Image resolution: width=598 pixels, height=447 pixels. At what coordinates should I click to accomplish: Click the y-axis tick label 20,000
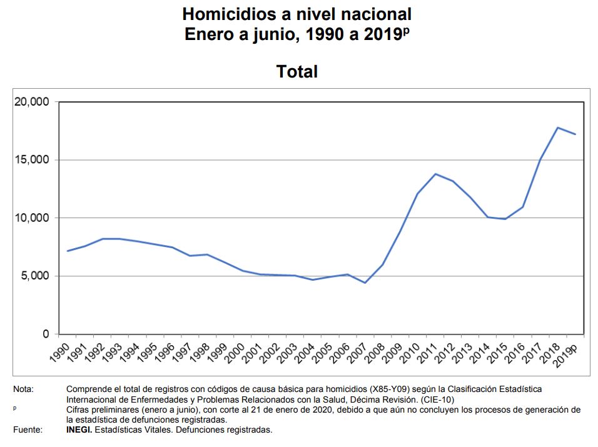pos(31,102)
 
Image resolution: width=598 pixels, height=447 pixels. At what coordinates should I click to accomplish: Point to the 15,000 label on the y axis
pos(31,160)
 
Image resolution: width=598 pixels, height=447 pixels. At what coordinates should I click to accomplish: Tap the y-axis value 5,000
pos(34,276)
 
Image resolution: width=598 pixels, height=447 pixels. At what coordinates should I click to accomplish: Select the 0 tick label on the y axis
pos(46,334)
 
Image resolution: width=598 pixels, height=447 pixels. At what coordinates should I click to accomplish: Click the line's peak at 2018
pos(557,128)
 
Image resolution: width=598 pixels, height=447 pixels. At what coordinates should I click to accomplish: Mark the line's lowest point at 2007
pos(365,283)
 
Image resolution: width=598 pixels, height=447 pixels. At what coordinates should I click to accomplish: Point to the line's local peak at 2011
pos(435,174)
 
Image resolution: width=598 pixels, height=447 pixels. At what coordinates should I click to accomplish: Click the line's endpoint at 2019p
pos(575,134)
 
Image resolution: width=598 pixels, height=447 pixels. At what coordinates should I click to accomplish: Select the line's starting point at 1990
pos(67,251)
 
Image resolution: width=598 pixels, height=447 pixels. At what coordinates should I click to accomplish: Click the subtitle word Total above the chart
pos(297,72)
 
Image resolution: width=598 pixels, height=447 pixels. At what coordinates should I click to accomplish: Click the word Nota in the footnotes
pos(24,389)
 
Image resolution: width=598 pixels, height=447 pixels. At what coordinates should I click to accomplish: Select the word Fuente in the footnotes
pos(28,429)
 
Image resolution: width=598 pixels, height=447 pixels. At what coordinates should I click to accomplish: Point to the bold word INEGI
pos(79,429)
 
